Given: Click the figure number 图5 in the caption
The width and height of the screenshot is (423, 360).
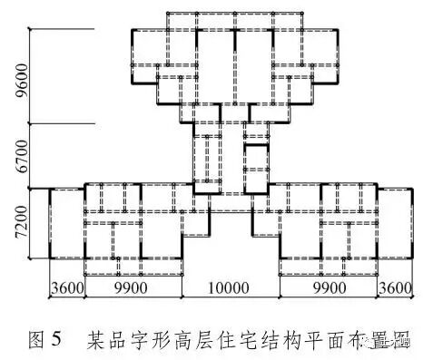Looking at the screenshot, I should pos(45,341).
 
